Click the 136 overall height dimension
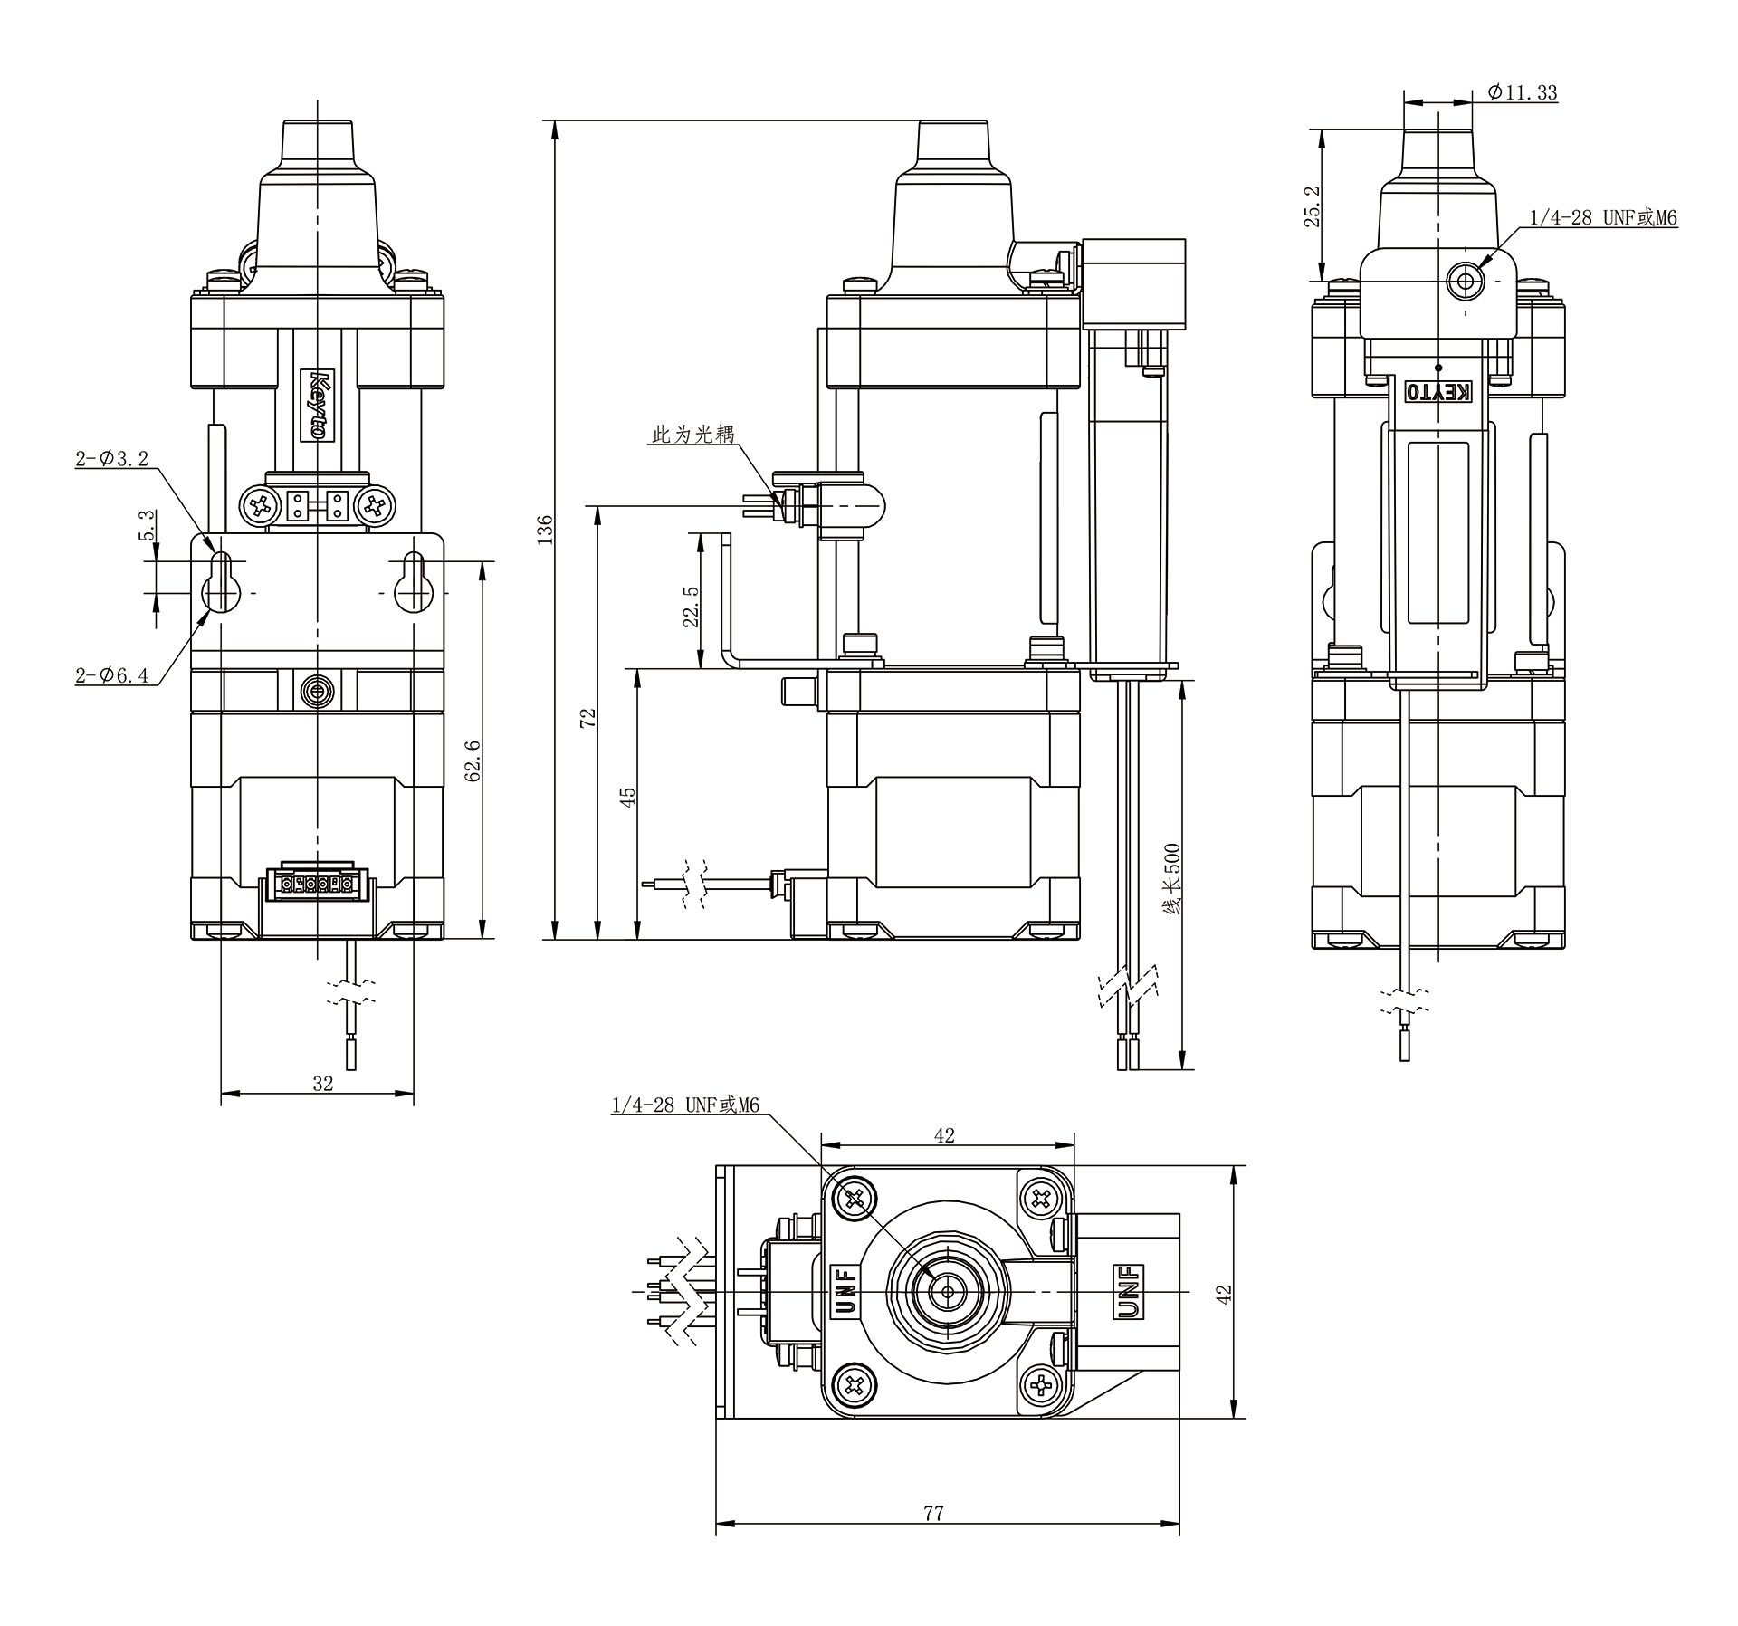544,529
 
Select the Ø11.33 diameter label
1522,92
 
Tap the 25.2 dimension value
1314,206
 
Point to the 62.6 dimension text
472,759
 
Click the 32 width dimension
322,1083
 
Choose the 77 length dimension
933,1513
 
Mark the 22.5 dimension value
691,606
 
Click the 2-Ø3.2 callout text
111,458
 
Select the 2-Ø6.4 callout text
111,674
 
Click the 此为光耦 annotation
693,435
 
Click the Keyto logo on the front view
318,404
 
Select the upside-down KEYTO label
1437,392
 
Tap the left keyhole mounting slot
221,582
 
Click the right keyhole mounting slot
414,582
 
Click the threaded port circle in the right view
1465,281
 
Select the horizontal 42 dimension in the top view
944,1135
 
